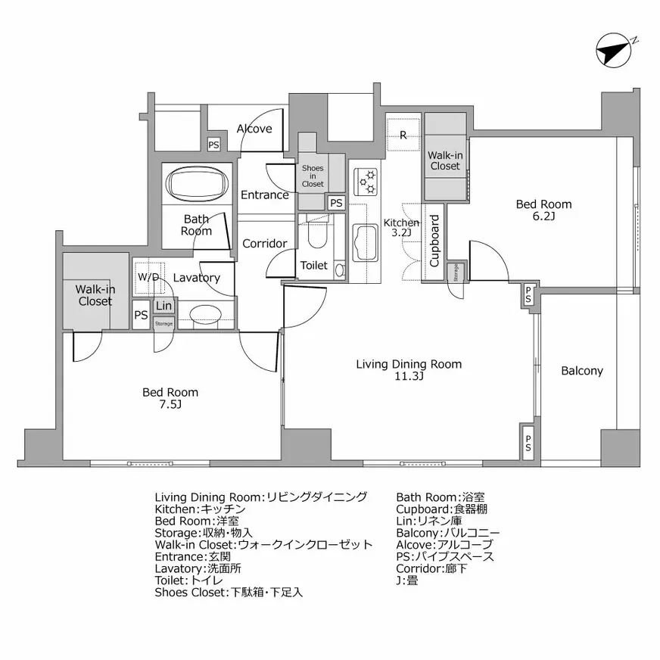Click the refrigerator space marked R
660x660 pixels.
click(403, 135)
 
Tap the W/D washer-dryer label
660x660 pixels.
click(148, 277)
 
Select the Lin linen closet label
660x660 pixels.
click(164, 307)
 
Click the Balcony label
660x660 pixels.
click(582, 371)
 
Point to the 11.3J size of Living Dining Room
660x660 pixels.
click(409, 376)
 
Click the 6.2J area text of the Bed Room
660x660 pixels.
click(543, 216)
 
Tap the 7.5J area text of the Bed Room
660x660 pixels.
click(170, 405)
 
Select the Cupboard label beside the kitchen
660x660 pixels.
click(434, 241)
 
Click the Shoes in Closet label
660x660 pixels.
click(313, 176)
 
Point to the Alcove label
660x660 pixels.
click(254, 129)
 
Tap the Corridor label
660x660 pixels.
click(264, 244)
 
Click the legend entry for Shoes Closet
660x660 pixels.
click(229, 593)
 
